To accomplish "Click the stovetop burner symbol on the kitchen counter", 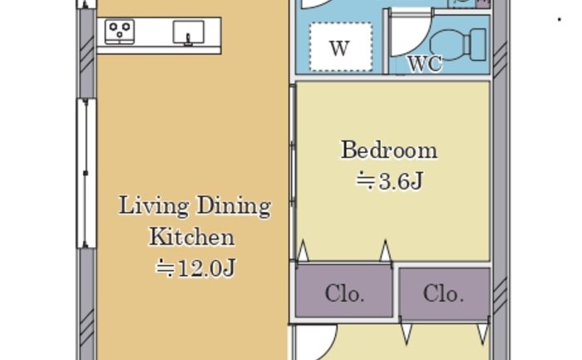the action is click(120, 32).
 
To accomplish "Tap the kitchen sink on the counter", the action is click(189, 32).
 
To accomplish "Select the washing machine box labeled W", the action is click(341, 47).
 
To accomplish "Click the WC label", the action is click(425, 63).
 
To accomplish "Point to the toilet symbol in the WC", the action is click(458, 45).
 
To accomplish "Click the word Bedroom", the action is click(389, 150).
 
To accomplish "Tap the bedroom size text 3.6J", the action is click(390, 181).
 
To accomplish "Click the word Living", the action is click(154, 206).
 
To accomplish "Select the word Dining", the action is click(234, 206).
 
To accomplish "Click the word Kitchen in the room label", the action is click(191, 237).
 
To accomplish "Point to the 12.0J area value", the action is click(195, 268).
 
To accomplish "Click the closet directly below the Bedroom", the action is click(344, 291).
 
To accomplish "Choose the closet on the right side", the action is click(445, 294).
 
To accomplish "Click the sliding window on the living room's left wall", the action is click(86, 173).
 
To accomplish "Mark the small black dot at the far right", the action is click(560, 19).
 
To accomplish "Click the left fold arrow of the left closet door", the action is click(303, 250).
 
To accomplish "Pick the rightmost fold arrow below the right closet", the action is click(483, 334).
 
